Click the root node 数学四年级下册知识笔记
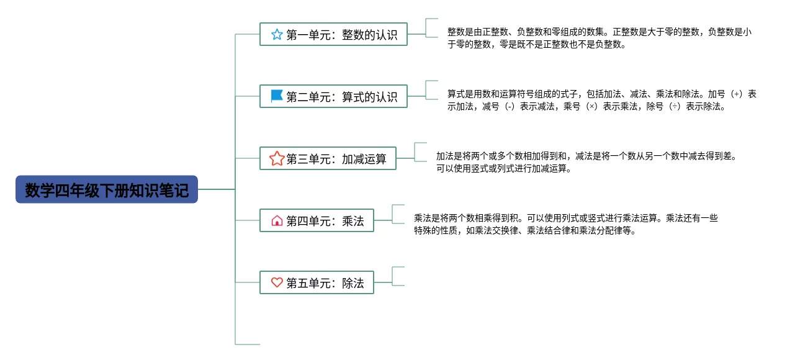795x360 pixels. point(107,189)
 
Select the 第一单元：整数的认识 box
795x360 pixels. point(333,35)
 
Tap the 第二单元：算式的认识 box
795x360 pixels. point(333,97)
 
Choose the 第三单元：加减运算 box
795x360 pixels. point(328,159)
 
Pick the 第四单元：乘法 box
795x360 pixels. point(317,220)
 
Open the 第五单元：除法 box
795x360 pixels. point(317,282)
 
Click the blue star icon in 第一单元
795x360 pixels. point(277,35)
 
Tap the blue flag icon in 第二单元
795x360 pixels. point(277,96)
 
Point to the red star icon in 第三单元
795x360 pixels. point(277,159)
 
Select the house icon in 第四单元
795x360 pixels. point(277,220)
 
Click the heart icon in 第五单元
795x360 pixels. point(277,282)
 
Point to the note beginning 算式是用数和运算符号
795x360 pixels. point(601,100)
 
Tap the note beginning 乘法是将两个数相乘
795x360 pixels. point(565,224)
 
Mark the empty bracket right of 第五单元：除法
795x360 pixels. point(398,276)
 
